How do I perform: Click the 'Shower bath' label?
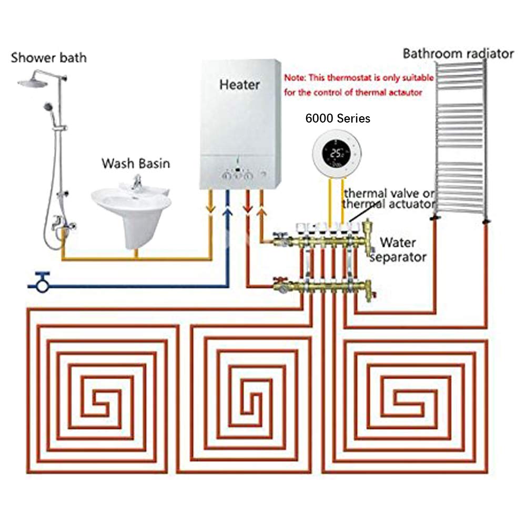(49, 57)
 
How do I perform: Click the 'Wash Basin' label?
(136, 164)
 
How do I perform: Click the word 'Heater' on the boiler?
(239, 84)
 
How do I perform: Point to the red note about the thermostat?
(359, 84)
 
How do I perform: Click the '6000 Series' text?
(338, 119)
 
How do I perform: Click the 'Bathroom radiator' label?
(458, 54)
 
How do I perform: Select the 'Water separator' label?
(398, 250)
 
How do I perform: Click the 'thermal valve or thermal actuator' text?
(389, 198)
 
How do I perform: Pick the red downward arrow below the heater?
(248, 210)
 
